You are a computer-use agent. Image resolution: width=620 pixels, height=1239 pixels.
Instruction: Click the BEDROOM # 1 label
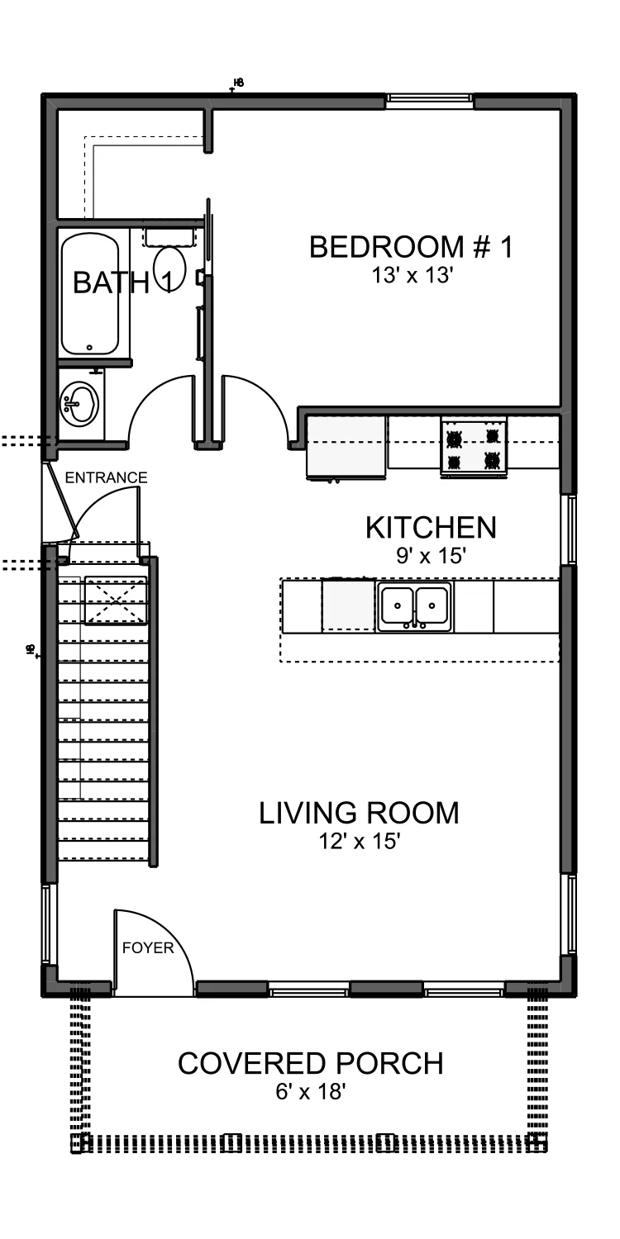412,247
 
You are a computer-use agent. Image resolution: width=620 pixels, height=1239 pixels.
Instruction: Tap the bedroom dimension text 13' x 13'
413,275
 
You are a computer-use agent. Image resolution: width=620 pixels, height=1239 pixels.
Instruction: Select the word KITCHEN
431,528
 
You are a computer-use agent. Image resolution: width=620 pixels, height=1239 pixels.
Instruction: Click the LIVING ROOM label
360,813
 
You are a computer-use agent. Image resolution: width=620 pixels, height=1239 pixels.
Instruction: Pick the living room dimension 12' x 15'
360,842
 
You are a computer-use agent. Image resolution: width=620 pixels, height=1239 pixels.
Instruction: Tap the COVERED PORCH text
311,1064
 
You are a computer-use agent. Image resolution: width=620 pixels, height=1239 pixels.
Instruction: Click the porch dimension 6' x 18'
311,1091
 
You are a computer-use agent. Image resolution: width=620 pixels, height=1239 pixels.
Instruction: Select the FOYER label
148,948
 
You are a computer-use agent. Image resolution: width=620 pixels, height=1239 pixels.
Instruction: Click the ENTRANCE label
107,477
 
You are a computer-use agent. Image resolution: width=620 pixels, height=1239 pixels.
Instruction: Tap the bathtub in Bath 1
89,295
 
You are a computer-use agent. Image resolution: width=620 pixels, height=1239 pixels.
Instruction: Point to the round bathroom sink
79,403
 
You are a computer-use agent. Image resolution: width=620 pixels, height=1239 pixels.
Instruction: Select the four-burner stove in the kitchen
474,447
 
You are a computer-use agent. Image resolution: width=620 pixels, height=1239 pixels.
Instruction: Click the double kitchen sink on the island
415,606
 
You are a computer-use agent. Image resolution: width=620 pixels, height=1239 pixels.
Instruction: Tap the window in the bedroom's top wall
430,100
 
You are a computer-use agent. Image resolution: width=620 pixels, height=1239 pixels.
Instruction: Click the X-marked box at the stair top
116,601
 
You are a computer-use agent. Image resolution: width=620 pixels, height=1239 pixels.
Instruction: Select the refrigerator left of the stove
346,448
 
